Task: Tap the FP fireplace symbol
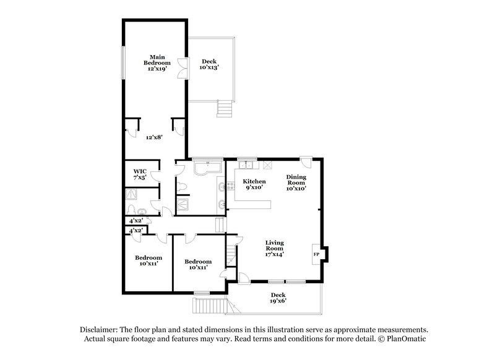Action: [x=316, y=254]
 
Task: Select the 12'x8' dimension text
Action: [x=154, y=137]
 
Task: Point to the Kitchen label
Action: [x=254, y=184]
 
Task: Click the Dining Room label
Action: [x=296, y=182]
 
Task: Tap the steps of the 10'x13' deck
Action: [x=223, y=110]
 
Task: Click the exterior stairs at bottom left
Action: [x=209, y=305]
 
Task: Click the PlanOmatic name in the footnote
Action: [x=406, y=340]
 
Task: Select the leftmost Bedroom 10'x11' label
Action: [x=148, y=260]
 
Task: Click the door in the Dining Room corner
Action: [x=306, y=163]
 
